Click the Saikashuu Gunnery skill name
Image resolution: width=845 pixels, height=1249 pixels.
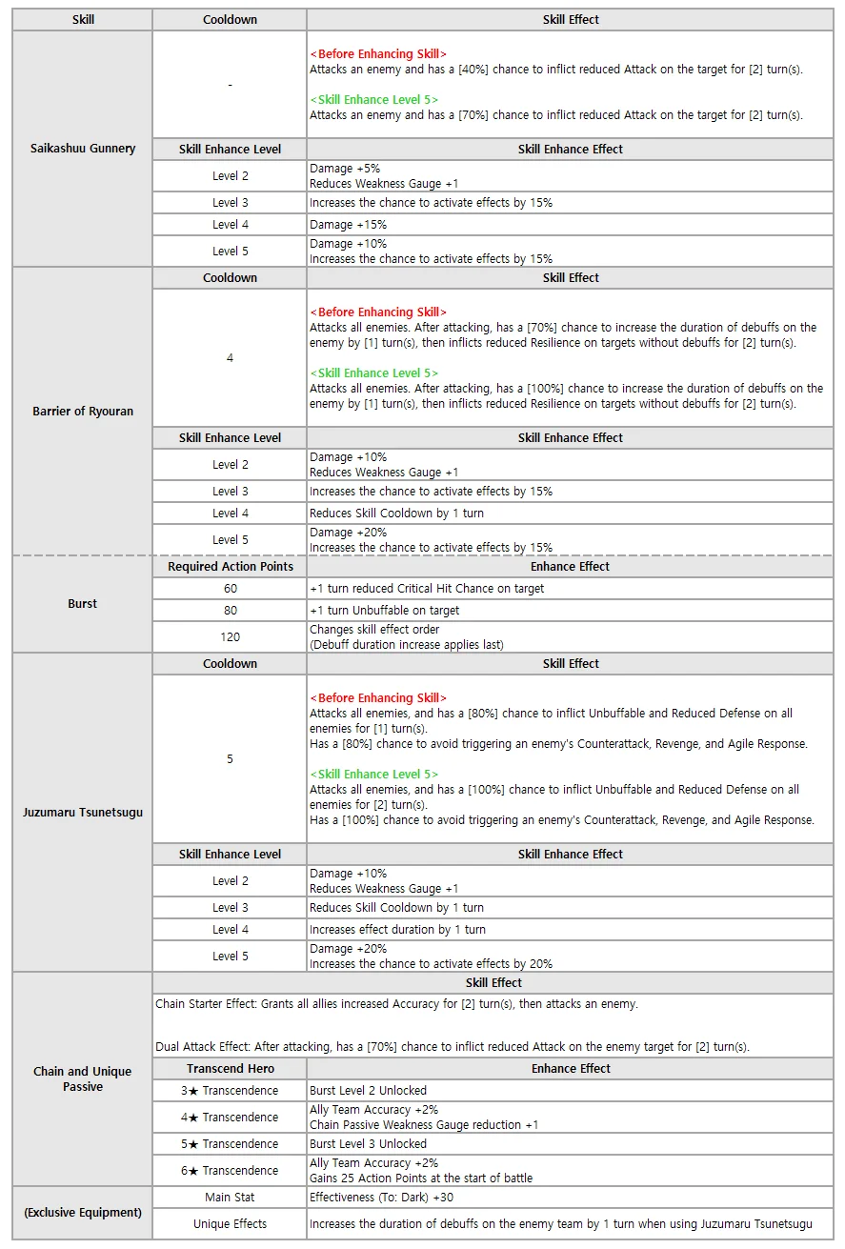[83, 149]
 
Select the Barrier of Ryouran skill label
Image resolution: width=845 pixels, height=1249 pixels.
[83, 412]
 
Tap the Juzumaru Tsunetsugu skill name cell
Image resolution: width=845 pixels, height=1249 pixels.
[83, 813]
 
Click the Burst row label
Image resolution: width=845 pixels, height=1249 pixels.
[83, 604]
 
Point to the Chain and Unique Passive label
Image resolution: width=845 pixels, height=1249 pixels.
[83, 1078]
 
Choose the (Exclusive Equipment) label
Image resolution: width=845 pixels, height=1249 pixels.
[83, 1213]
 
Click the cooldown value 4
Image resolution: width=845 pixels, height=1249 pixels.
[230, 358]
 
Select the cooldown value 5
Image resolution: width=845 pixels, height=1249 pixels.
[230, 759]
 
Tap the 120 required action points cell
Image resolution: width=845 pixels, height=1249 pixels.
[230, 636]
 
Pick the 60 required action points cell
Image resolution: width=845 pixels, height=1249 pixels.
[230, 589]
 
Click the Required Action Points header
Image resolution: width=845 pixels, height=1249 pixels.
[230, 567]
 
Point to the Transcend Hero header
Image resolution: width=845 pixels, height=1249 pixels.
[230, 1069]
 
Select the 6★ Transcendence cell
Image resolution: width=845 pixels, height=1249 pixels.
[230, 1171]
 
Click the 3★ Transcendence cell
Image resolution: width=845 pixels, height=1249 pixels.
[230, 1091]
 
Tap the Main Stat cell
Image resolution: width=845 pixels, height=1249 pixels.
[230, 1198]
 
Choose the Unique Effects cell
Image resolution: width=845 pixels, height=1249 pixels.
[230, 1224]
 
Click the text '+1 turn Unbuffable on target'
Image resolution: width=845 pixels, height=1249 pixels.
[385, 611]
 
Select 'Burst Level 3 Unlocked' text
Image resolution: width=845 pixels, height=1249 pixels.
[368, 1144]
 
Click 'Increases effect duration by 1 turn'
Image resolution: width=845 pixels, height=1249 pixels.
[397, 930]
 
